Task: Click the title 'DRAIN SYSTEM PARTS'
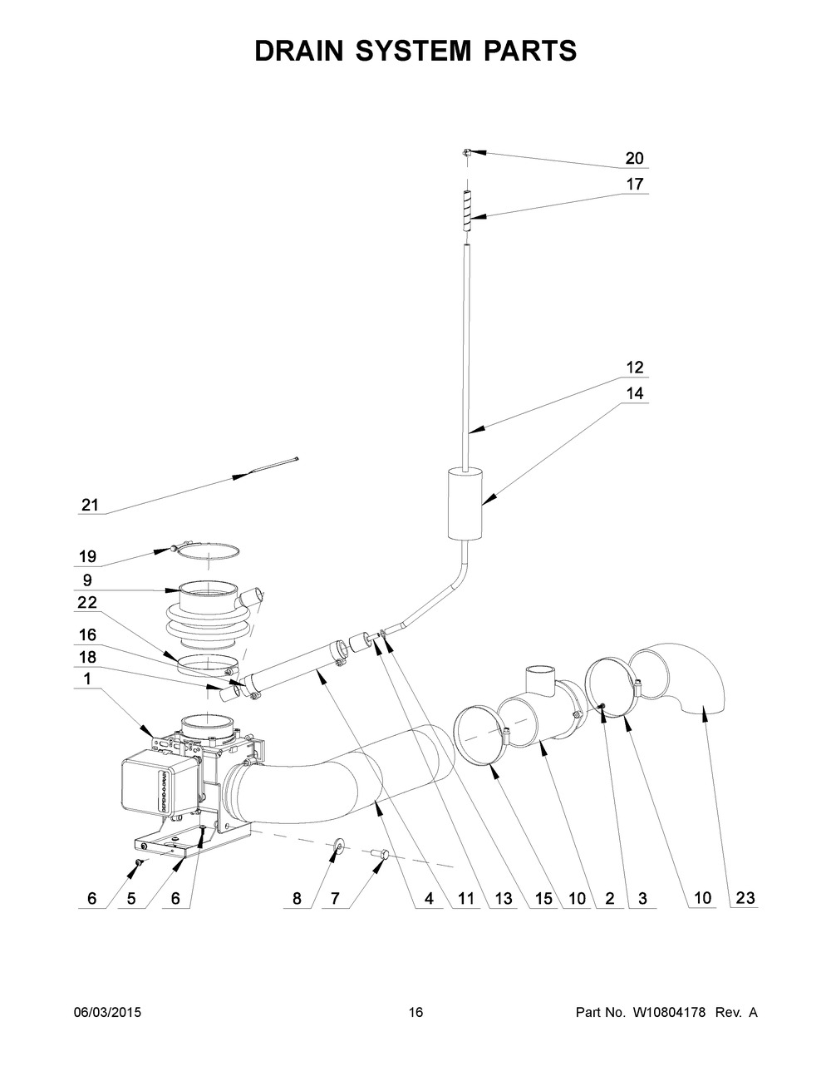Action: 415,51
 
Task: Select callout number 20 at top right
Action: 634,159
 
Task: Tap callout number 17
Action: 634,185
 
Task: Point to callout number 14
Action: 634,394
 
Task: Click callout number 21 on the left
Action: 90,505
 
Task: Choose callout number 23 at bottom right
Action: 745,899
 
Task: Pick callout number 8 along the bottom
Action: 297,899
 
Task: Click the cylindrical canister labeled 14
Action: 465,503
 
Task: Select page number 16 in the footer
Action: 415,1013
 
